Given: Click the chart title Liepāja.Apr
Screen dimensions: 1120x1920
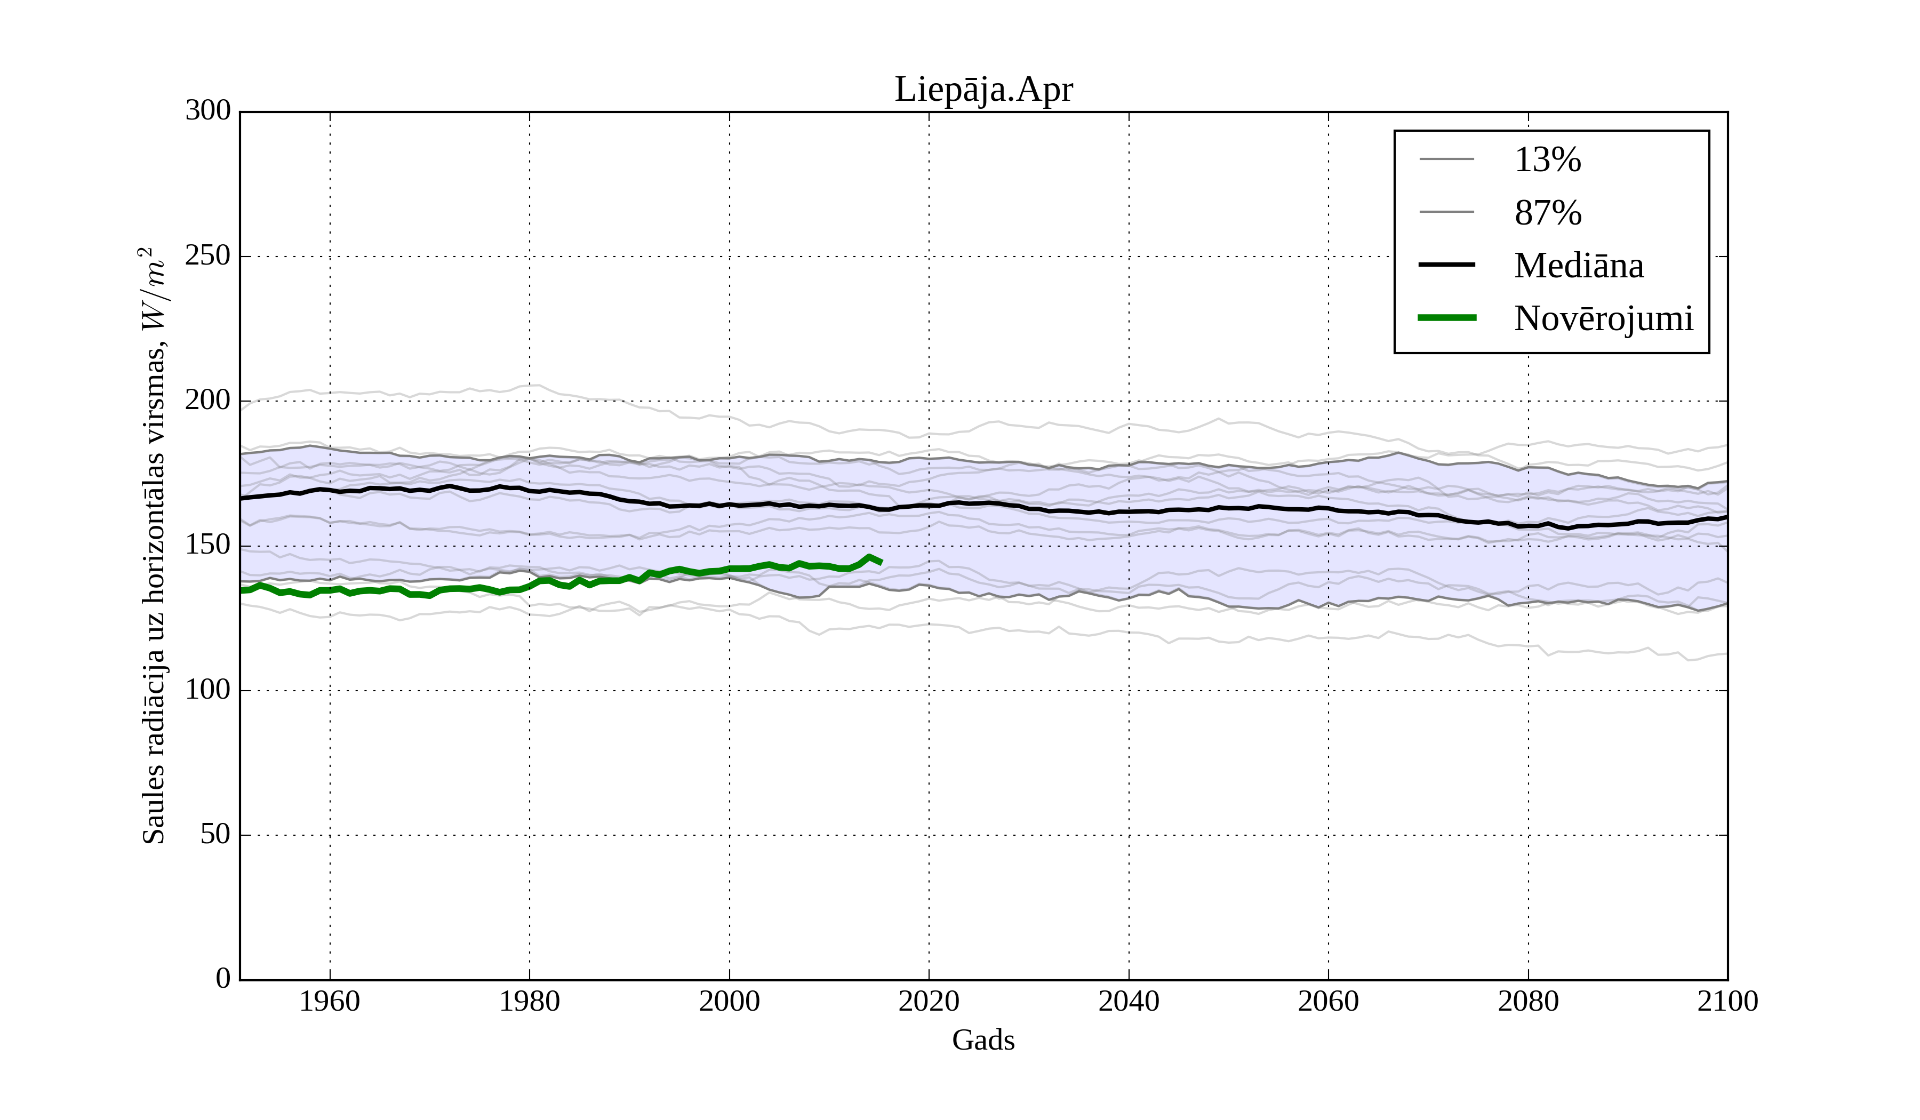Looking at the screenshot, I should [983, 90].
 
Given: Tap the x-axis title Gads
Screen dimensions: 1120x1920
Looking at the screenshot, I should [983, 1040].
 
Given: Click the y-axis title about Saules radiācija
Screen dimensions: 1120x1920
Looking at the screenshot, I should [153, 546].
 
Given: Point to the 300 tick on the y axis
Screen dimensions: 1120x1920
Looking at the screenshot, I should [208, 111].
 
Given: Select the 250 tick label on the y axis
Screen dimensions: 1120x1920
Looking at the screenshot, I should [208, 256].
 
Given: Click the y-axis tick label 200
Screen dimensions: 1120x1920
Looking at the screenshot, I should [208, 401].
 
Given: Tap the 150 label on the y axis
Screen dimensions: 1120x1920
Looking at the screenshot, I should [208, 546].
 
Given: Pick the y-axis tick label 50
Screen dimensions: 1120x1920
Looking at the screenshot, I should [215, 835].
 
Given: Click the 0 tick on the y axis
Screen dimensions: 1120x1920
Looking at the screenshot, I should [223, 979].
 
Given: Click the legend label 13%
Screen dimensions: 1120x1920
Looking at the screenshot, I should [1547, 160].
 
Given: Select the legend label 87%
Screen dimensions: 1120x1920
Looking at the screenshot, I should [1547, 213].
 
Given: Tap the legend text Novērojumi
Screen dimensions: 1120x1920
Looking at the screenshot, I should [1603, 318].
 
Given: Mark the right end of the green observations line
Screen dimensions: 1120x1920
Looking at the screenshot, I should [881, 562].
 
